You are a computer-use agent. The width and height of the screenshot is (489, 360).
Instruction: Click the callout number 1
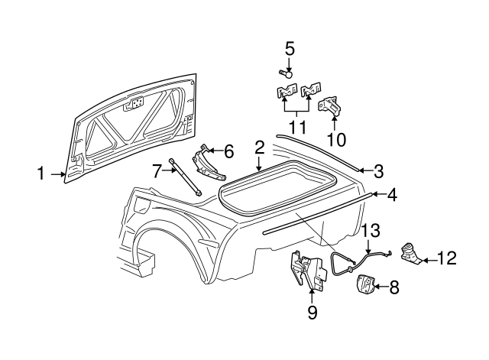41,174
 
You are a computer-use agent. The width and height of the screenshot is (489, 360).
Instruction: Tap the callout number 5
290,49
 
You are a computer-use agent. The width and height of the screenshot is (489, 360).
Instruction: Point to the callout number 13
370,229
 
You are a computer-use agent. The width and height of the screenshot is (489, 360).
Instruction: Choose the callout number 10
336,140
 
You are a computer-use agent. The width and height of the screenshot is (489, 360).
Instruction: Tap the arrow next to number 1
58,174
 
